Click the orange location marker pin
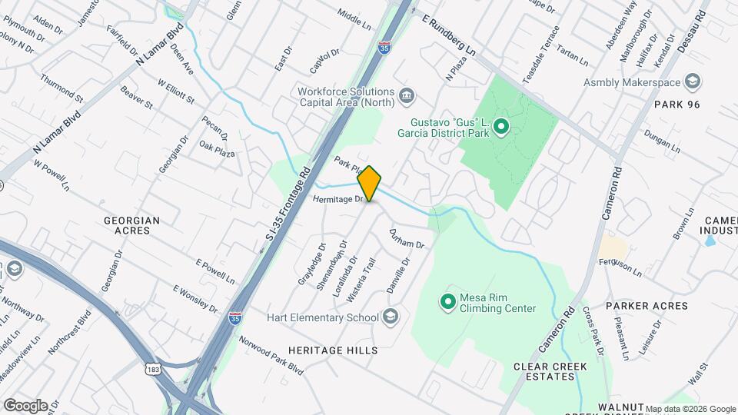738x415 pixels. pyautogui.click(x=370, y=183)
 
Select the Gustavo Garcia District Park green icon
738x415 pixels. pyautogui.click(x=501, y=125)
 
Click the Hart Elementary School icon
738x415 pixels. pyautogui.click(x=390, y=317)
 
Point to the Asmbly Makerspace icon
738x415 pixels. pyautogui.click(x=693, y=82)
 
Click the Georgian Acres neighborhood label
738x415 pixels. pyautogui.click(x=132, y=226)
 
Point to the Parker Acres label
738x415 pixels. pyautogui.click(x=647, y=306)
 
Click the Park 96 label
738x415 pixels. pyautogui.click(x=677, y=104)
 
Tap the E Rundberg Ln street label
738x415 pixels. pyautogui.click(x=450, y=35)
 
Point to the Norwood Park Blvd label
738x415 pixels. pyautogui.click(x=271, y=353)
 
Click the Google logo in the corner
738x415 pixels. pyautogui.click(x=25, y=406)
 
